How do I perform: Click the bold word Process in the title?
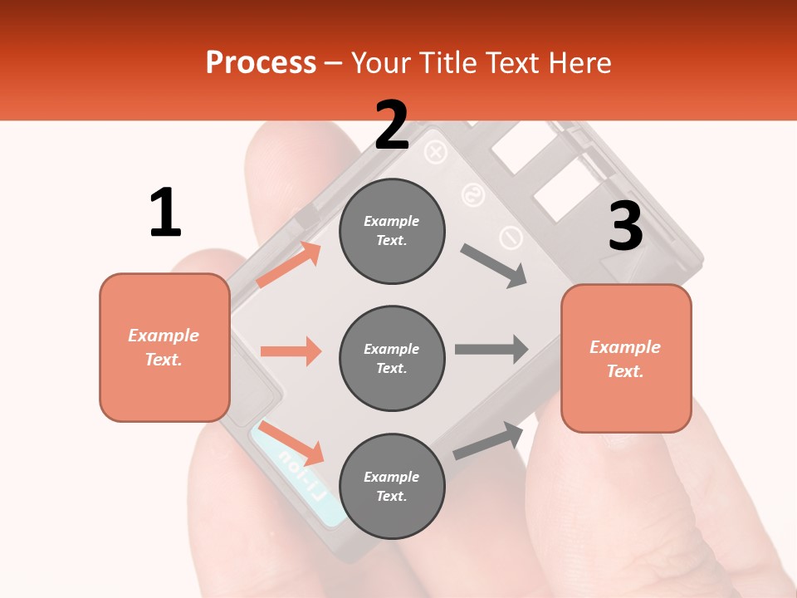click(261, 63)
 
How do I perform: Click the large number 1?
click(165, 213)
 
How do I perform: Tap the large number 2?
click(392, 125)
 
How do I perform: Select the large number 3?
click(625, 226)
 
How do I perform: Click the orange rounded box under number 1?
click(164, 347)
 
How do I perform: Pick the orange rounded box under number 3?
click(626, 358)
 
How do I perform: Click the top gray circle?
click(392, 231)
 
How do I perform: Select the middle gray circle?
click(392, 358)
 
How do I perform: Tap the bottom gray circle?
click(392, 486)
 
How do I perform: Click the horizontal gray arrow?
click(491, 349)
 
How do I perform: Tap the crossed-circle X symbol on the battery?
click(436, 153)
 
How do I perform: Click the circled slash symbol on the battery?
click(510, 239)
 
